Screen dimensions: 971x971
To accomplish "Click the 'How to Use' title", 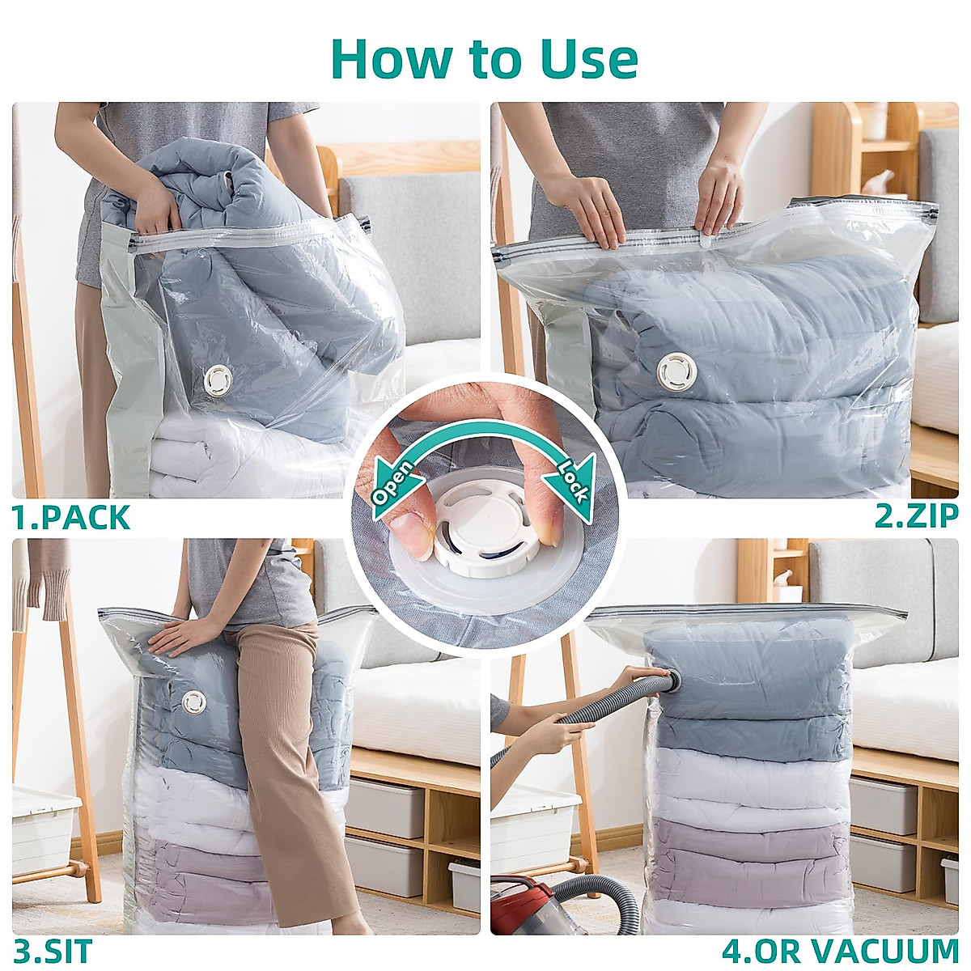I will (x=485, y=58).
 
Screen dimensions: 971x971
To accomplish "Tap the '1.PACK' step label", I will (x=71, y=518).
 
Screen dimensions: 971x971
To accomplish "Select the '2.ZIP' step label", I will (x=916, y=515).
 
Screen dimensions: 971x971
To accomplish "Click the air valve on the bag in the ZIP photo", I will (x=677, y=371).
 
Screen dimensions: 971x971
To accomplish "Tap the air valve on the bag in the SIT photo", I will (x=194, y=702).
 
